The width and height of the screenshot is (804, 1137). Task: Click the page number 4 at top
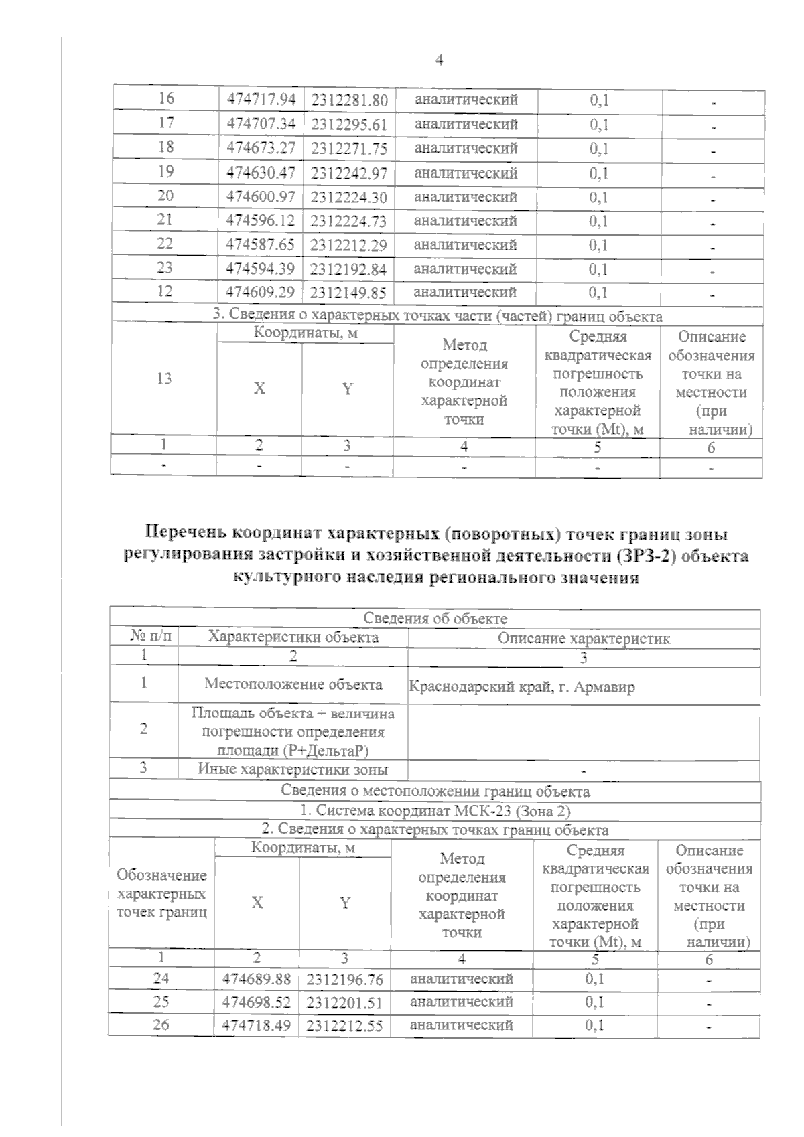coord(440,60)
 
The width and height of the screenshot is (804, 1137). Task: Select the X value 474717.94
coord(261,100)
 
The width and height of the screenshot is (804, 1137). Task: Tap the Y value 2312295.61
coord(349,125)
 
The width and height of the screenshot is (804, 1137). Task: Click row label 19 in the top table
coord(165,172)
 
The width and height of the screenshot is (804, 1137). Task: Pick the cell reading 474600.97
coord(261,197)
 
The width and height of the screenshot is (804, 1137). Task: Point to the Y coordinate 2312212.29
coord(349,245)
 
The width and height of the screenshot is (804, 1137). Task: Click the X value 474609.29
coord(261,293)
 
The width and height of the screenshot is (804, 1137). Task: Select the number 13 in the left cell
coord(164,378)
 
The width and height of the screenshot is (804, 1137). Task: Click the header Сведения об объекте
coord(435,619)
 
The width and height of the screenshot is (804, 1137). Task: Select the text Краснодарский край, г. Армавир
coord(522,687)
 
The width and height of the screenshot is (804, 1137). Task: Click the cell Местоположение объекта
coord(293,684)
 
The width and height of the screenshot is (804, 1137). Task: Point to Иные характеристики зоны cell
coord(293,769)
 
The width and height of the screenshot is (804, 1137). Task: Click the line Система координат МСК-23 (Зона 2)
coord(435,811)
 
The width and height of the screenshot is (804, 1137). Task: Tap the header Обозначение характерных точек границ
coord(161,894)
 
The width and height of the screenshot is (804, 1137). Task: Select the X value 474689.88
coord(257,979)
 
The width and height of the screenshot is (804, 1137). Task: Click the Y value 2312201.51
coord(345,1002)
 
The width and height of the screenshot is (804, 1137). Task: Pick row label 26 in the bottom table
coord(161,1025)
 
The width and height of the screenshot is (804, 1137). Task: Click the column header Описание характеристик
coord(584,639)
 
